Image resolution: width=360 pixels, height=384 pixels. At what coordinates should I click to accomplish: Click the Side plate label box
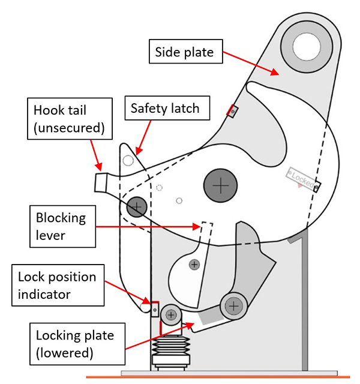click(185, 52)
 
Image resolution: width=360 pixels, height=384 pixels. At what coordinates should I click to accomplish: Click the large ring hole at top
click(305, 43)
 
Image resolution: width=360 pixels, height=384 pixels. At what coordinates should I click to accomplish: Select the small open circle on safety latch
click(127, 160)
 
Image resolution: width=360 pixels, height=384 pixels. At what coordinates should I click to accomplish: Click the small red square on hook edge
click(232, 110)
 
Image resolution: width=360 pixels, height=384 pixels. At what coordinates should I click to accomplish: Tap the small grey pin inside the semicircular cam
click(194, 264)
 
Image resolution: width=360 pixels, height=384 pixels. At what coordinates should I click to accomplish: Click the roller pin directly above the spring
click(172, 314)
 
